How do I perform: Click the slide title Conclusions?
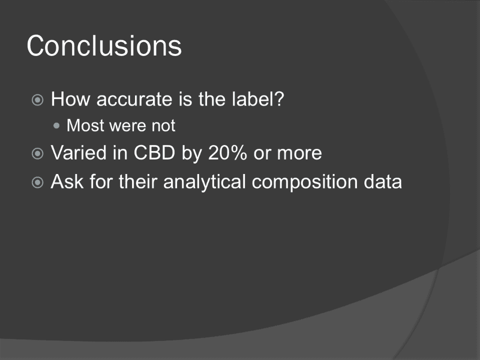104,45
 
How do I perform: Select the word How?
70,99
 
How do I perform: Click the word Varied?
78,152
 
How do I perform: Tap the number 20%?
227,152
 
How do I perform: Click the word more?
299,153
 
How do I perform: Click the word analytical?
204,182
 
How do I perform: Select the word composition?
304,182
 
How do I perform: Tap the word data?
382,181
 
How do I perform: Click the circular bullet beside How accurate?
37,100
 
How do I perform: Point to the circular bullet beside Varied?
37,153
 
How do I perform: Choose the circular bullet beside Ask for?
37,182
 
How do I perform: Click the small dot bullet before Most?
56,125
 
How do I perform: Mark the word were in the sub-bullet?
127,126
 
